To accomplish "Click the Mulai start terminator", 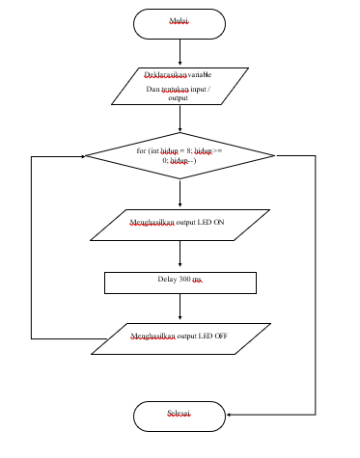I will pos(180,23).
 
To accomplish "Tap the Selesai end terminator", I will pos(180,416).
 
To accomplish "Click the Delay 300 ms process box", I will pos(180,282).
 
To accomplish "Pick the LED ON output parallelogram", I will pos(180,225).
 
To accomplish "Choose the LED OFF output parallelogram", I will pos(180,337).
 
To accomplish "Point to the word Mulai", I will pos(180,20).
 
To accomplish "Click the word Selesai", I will pos(179,414).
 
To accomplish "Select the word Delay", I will pos(168,280).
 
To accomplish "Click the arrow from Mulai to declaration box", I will pos(180,53).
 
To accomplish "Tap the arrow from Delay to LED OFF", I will pos(180,308).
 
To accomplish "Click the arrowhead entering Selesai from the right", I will pos(232,416).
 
